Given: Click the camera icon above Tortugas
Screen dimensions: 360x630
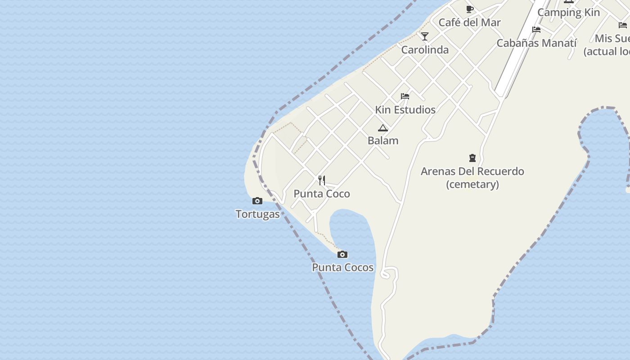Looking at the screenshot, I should [257, 201].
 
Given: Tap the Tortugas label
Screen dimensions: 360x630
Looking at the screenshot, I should [257, 214].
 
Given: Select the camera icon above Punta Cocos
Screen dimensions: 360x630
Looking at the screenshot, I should [342, 255].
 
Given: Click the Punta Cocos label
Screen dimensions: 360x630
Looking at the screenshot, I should [342, 267].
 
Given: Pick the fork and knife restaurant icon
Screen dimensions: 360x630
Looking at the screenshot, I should [322, 180].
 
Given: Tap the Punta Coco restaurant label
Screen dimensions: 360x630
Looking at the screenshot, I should [321, 193].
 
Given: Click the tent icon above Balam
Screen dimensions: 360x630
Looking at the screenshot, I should [383, 128].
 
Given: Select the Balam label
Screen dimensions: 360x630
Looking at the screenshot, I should [383, 140].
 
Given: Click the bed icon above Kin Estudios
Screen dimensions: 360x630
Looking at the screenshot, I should [405, 96].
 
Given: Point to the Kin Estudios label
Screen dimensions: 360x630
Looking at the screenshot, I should [405, 109].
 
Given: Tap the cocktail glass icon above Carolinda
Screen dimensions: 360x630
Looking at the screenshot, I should [425, 36].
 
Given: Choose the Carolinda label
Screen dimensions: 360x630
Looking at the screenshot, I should [425, 49].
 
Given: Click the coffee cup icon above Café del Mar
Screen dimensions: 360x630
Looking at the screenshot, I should [470, 9].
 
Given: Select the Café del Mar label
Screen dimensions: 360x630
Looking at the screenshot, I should [469, 22].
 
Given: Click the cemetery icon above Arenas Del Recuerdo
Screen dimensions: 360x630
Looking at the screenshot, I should [472, 158].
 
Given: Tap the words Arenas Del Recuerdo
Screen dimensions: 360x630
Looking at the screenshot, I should [472, 171].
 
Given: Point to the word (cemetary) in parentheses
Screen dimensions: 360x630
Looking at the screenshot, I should [472, 184].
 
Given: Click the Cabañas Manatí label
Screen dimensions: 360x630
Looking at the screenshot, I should [536, 43].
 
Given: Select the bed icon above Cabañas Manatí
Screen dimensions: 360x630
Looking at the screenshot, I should [536, 30].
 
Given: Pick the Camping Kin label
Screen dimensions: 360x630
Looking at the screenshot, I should [568, 13].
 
